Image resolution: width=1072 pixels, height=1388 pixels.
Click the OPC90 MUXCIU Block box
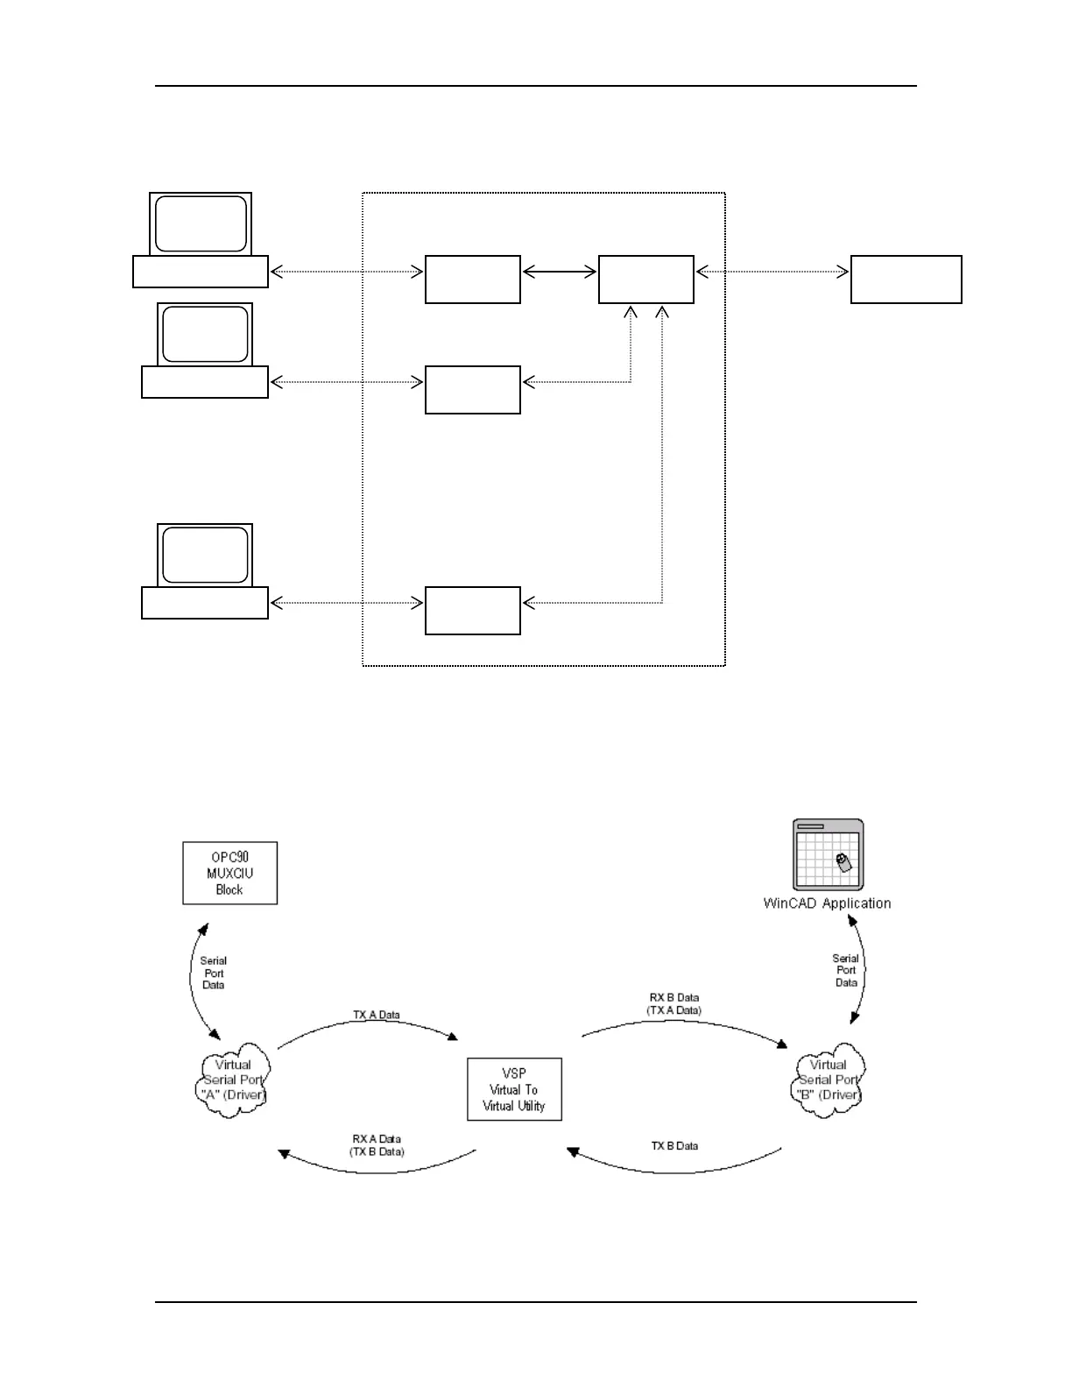point(229,873)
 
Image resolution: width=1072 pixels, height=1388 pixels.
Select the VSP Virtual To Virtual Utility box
point(514,1089)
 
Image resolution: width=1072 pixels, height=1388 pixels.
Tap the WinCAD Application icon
point(828,854)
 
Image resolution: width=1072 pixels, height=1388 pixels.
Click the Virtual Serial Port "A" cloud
point(233,1080)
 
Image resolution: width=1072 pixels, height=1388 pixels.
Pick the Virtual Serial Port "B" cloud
point(829,1080)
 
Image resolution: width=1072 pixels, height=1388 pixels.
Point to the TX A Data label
point(377,1015)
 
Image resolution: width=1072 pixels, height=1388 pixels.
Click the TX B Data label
point(674,1146)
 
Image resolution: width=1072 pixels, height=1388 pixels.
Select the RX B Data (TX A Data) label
point(674,1004)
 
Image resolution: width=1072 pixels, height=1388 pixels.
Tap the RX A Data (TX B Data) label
point(377,1145)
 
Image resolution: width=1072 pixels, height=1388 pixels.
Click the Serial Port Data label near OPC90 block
point(214,973)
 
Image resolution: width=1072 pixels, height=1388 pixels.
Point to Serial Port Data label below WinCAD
point(846,971)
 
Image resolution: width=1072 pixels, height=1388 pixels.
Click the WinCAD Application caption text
point(827,903)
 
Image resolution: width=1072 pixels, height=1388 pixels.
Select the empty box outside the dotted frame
point(906,280)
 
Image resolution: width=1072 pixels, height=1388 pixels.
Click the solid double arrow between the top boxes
point(560,273)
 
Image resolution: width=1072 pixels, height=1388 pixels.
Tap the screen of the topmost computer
point(201,224)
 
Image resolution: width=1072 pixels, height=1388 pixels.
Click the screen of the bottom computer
point(205,555)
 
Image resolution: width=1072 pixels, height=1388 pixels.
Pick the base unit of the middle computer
point(205,382)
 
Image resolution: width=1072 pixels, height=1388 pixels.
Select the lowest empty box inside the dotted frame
point(473,611)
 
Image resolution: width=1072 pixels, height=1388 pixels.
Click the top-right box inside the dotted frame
point(646,280)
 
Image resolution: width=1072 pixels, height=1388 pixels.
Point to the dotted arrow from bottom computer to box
point(347,603)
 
